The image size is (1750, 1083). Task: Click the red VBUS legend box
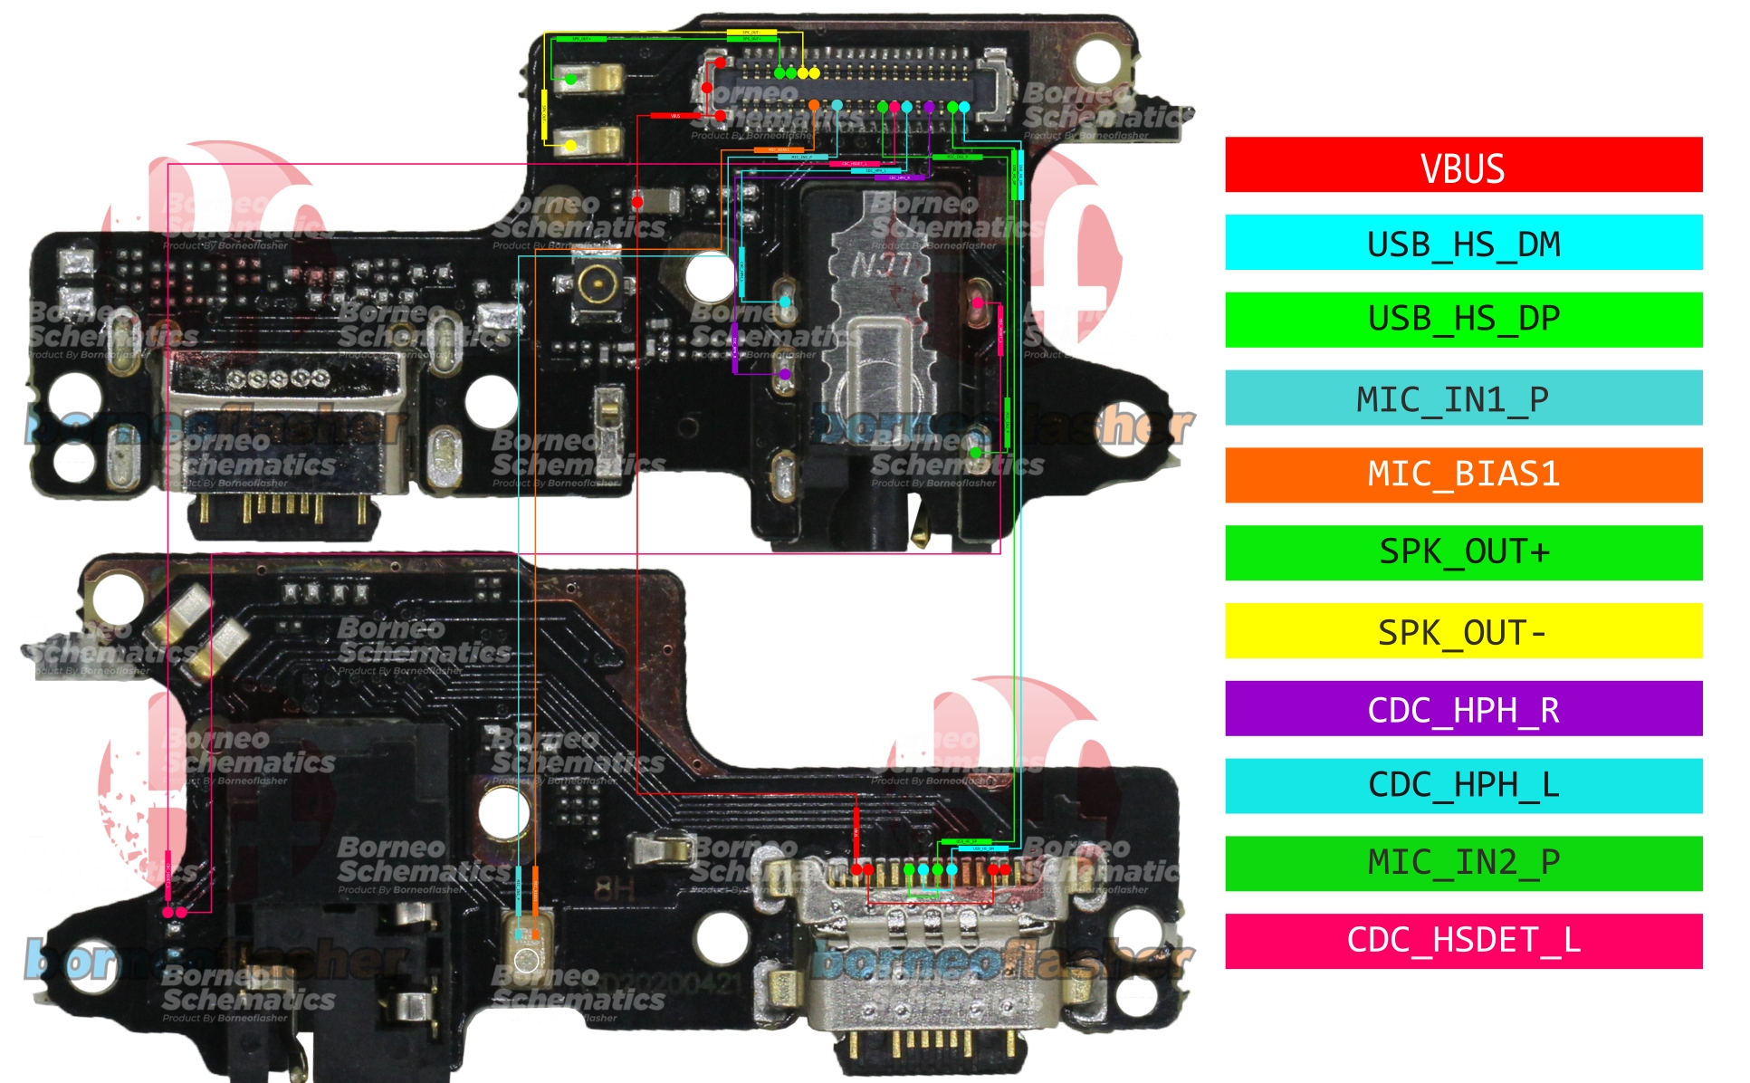pyautogui.click(x=1463, y=165)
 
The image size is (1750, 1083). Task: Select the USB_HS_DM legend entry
pyautogui.click(x=1463, y=243)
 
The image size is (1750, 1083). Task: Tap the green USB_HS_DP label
pyautogui.click(x=1463, y=320)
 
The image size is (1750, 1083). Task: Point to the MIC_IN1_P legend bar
pyautogui.click(x=1463, y=398)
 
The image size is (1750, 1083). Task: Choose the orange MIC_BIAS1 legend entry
pyautogui.click(x=1463, y=474)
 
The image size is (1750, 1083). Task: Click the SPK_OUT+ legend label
pyautogui.click(x=1463, y=552)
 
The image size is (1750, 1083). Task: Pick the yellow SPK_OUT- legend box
pyautogui.click(x=1463, y=630)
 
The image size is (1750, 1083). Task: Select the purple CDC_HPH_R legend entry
pyautogui.click(x=1463, y=708)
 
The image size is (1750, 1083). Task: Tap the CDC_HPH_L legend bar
pyautogui.click(x=1463, y=785)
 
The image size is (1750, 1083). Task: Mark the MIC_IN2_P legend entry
pyautogui.click(x=1463, y=863)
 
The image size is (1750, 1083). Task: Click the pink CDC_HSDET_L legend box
pyautogui.click(x=1463, y=941)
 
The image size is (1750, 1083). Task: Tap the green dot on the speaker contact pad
pyautogui.click(x=570, y=80)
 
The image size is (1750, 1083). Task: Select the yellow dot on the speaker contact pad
pyautogui.click(x=570, y=145)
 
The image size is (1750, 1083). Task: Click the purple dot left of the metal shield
pyautogui.click(x=785, y=373)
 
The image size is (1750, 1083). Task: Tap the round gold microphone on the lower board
pyautogui.click(x=526, y=959)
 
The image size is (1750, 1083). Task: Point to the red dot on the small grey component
pyautogui.click(x=637, y=201)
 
